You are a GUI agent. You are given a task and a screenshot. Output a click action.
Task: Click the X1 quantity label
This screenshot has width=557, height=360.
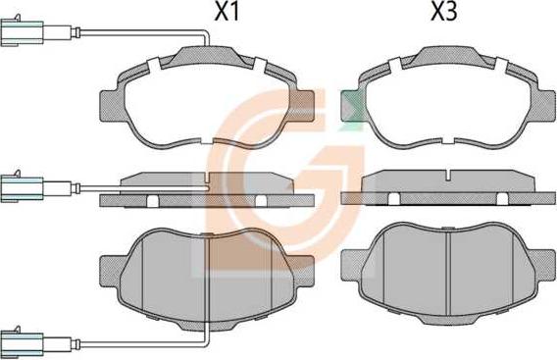tap(227, 12)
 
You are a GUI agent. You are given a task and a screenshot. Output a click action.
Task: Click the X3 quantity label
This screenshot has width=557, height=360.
tap(443, 12)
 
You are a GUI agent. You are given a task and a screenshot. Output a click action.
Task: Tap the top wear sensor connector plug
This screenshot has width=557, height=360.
tap(22, 32)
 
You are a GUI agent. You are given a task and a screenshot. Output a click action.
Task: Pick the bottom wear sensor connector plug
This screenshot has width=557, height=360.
tap(22, 343)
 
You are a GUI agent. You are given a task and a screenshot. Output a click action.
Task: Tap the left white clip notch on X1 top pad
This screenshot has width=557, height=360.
tap(153, 66)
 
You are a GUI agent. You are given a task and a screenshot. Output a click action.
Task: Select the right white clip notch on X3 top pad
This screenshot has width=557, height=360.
tap(501, 66)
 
